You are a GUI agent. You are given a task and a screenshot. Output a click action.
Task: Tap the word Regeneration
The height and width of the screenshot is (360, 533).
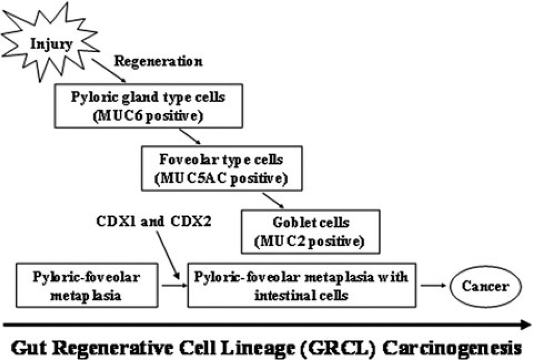pyautogui.click(x=158, y=62)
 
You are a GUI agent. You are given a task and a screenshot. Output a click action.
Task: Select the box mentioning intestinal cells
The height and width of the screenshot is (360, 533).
pyautogui.click(x=302, y=285)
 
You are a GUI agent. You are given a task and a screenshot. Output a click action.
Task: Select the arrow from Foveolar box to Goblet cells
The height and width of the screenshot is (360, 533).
pyautogui.click(x=272, y=200)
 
